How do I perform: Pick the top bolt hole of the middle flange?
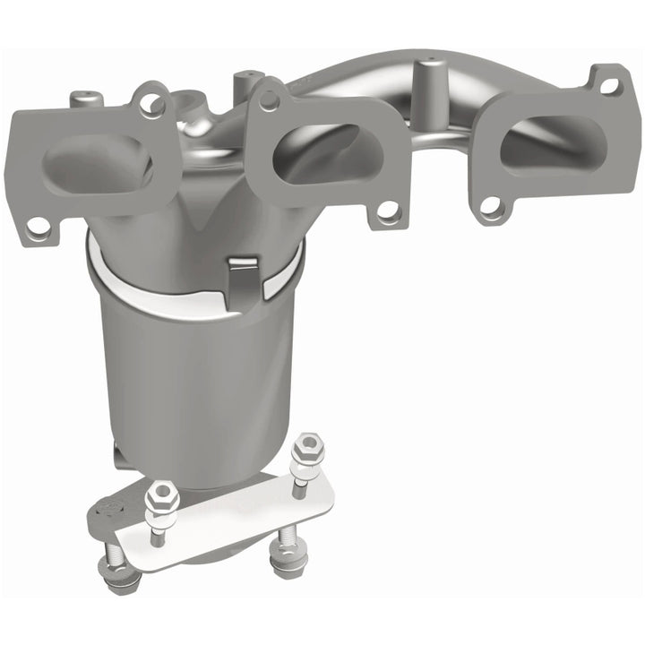(x=267, y=99)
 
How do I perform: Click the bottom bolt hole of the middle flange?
(x=387, y=212)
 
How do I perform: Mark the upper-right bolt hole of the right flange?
(x=609, y=86)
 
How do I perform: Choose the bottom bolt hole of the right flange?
(x=490, y=206)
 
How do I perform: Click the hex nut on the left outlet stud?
(x=162, y=492)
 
